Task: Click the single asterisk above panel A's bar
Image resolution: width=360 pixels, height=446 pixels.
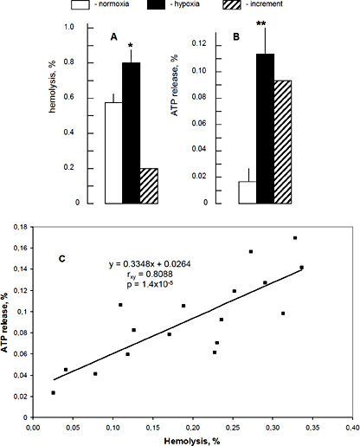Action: (129, 43)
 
